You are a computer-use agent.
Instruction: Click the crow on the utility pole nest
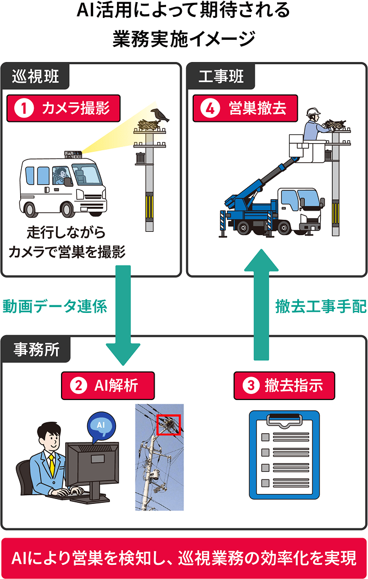160,115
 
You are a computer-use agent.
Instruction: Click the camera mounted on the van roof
73,154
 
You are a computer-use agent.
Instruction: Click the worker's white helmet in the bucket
312,113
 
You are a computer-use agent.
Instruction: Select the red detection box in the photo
168,424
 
